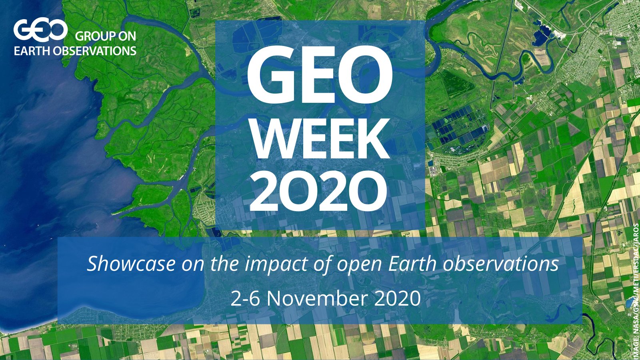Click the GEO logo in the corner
pos(40,30)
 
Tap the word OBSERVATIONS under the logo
pos(95,51)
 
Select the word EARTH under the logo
pos(32,51)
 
